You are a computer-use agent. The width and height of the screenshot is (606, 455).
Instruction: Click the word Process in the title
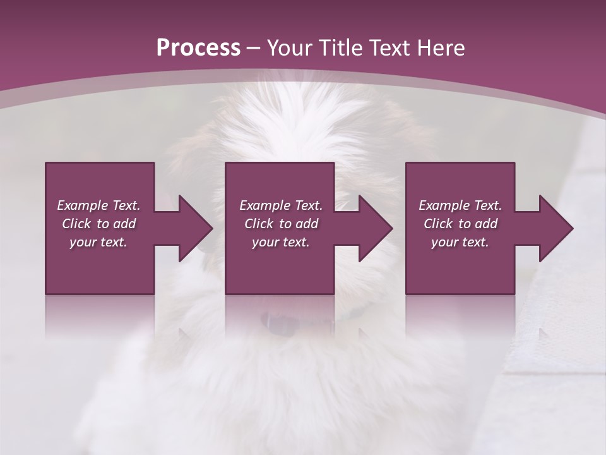(198, 48)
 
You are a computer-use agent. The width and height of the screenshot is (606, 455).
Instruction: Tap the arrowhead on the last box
(555, 228)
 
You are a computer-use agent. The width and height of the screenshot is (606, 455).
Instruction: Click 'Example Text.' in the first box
(98, 205)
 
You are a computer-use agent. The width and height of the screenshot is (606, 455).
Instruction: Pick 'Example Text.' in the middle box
(281, 205)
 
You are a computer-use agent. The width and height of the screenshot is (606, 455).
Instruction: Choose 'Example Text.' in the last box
(460, 205)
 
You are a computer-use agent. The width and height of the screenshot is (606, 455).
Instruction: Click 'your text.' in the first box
(98, 242)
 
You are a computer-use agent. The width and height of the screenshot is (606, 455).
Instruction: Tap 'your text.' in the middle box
(281, 242)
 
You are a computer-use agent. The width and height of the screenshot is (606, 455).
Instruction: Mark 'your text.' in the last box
(460, 242)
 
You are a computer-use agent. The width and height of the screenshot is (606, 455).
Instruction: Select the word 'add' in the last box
(486, 224)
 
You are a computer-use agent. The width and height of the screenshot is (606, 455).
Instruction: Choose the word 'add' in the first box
(124, 224)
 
